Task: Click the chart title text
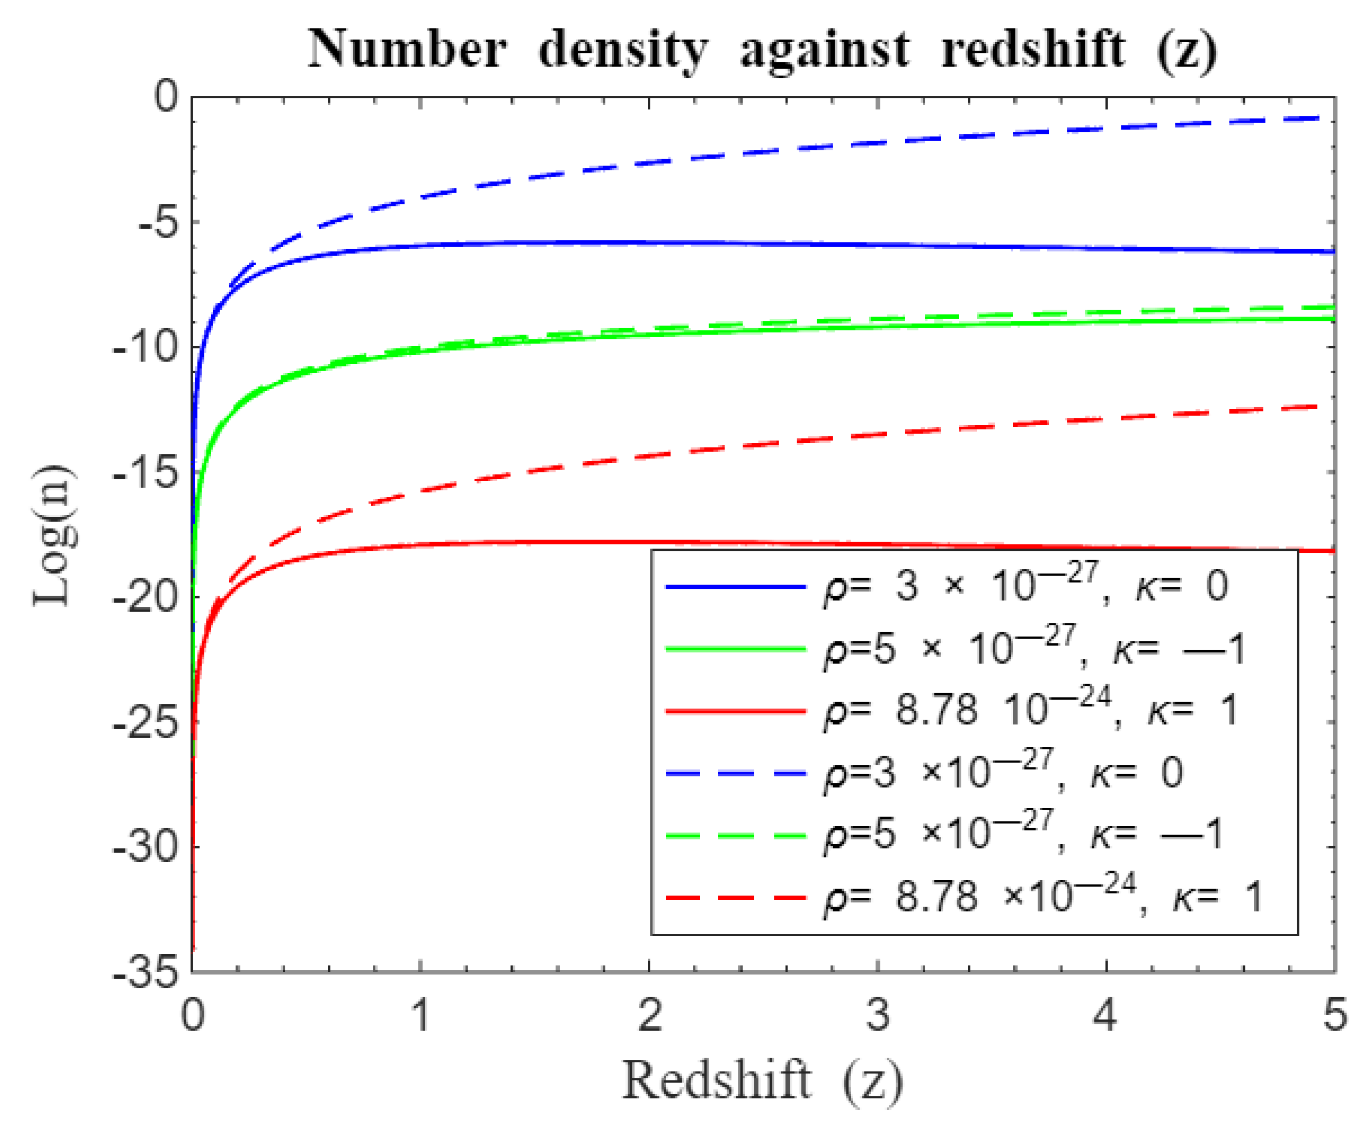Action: point(762,50)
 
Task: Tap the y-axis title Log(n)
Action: point(55,536)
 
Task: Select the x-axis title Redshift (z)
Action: point(762,1081)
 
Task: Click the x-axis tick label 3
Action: point(878,1016)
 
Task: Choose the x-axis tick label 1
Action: point(421,1016)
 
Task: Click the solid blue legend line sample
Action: point(735,587)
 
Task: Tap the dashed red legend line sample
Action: point(735,898)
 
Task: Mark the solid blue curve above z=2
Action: point(649,243)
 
